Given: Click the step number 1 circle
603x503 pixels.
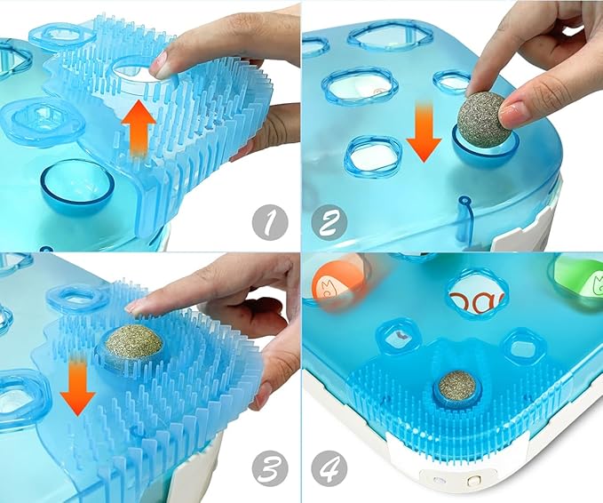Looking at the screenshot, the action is click(x=270, y=223).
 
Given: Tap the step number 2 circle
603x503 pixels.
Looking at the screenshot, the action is click(x=329, y=223).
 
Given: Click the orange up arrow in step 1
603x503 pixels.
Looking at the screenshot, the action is click(x=139, y=128).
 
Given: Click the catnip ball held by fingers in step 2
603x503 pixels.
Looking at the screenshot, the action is click(x=481, y=118).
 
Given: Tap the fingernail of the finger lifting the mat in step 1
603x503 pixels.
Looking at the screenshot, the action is click(x=158, y=64).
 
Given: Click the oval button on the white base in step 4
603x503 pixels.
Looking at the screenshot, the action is click(x=471, y=481).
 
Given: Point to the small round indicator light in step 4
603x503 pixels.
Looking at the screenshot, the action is click(x=436, y=480).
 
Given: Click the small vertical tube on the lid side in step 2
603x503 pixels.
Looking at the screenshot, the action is click(x=464, y=220).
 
